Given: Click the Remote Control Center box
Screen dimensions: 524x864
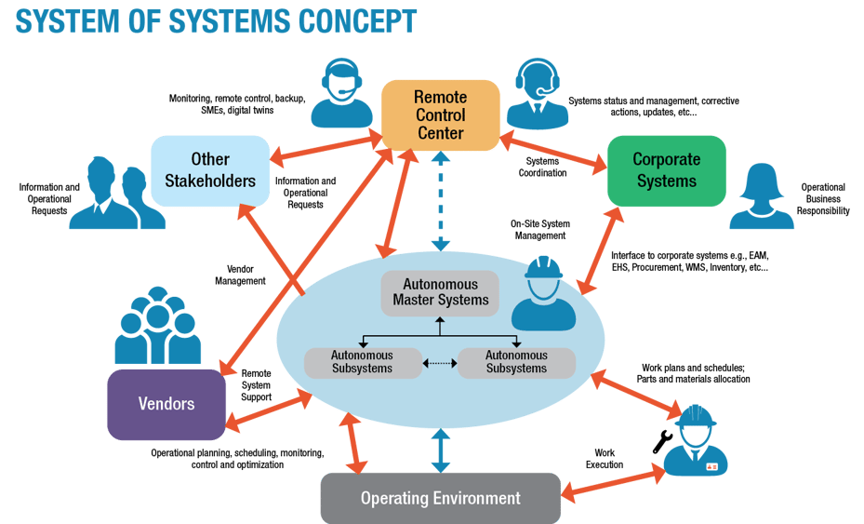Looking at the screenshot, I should [x=440, y=114].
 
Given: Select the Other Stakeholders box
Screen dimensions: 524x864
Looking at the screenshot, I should [x=210, y=169].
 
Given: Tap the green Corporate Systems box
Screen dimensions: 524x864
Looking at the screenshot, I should [x=666, y=169].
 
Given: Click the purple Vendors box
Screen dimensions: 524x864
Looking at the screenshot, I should [x=166, y=404].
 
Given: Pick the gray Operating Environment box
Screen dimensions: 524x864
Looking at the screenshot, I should [x=440, y=498].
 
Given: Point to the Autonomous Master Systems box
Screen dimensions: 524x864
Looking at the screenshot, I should [x=440, y=292].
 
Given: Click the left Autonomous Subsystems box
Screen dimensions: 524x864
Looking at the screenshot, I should [x=362, y=362].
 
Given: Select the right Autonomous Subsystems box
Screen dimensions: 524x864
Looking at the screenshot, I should [x=516, y=362].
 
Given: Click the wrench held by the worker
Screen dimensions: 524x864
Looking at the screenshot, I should [x=662, y=442].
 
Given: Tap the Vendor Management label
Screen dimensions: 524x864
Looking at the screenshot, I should [x=240, y=275].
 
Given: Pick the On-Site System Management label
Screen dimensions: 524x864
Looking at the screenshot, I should [x=540, y=230].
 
